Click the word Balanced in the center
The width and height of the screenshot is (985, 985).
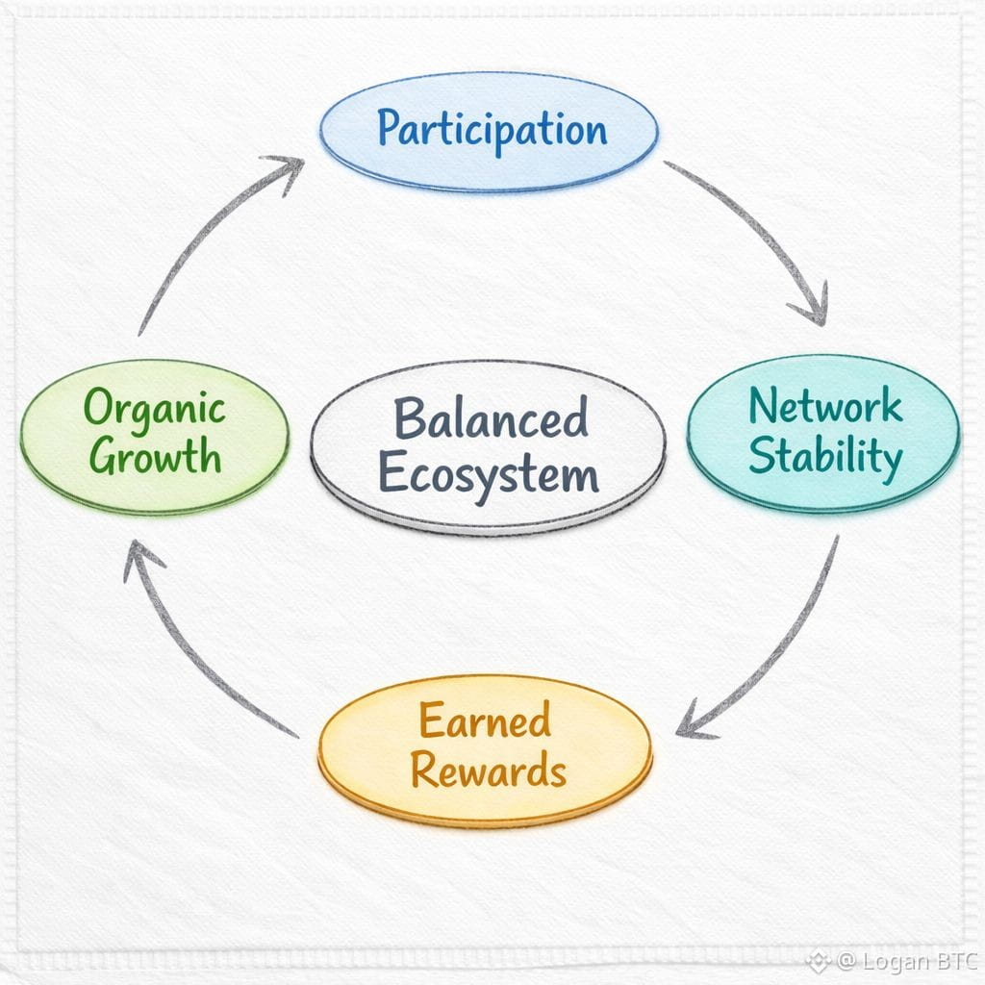(x=491, y=418)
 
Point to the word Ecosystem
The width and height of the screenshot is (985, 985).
(x=488, y=473)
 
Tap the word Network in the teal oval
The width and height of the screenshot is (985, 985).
(x=825, y=406)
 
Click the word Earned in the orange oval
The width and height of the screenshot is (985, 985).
(x=485, y=720)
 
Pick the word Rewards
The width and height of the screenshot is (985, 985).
(x=488, y=770)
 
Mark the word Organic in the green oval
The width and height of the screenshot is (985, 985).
(x=154, y=408)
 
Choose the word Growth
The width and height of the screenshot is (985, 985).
(x=155, y=456)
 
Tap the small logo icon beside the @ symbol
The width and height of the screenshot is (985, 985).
(x=818, y=961)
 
